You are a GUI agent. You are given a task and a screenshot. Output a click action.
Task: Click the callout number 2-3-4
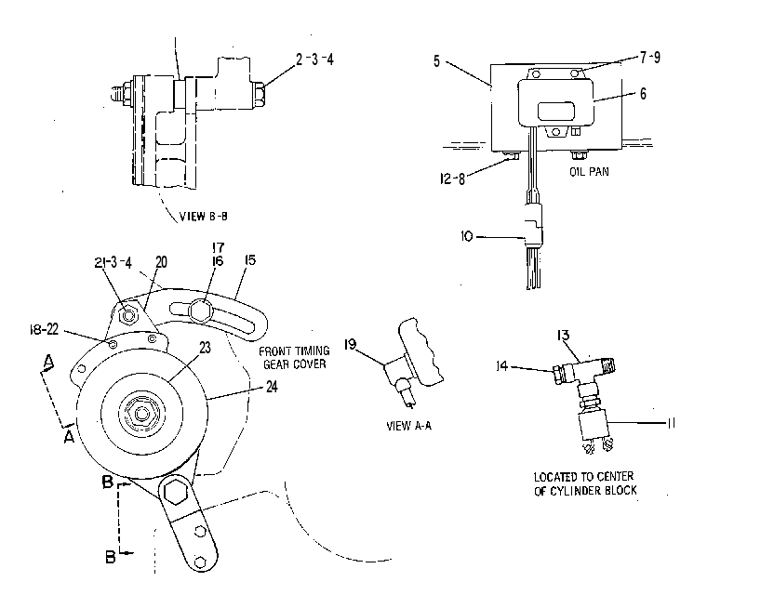[315, 59]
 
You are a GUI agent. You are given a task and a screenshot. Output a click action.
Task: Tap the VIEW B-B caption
[204, 216]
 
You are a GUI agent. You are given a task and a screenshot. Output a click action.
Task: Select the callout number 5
[436, 61]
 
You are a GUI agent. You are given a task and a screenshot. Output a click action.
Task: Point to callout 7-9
[650, 58]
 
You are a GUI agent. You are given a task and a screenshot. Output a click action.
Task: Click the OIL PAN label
[589, 172]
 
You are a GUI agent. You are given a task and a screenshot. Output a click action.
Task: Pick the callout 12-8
[452, 178]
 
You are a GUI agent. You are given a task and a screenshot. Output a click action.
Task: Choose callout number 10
[466, 236]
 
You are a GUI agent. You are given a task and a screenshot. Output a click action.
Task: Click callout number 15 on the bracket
[250, 259]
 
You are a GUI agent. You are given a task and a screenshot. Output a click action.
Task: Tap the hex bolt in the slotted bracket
[200, 311]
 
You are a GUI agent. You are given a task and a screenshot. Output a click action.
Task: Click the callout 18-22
[44, 328]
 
